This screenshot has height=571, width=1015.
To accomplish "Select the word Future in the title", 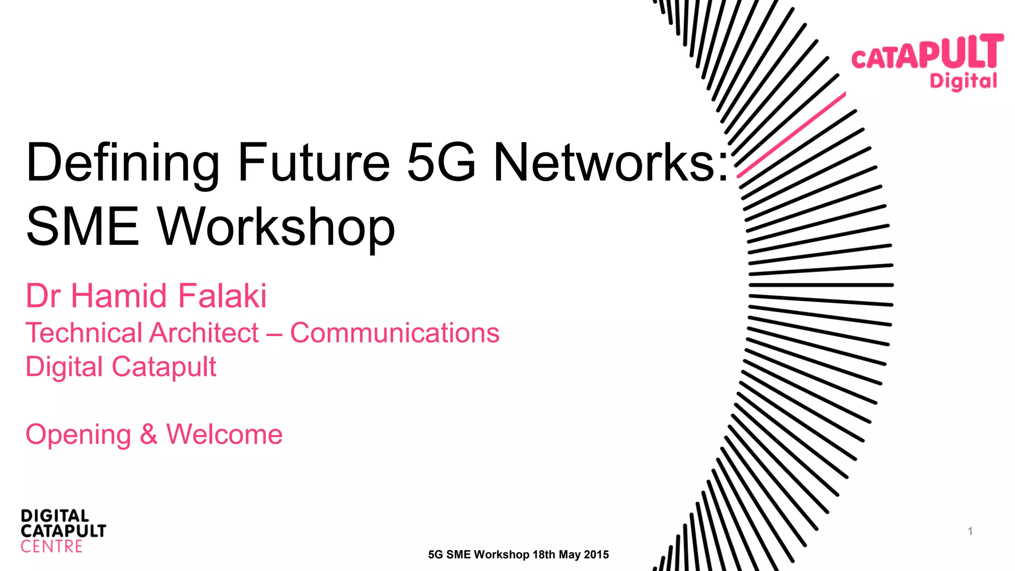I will (314, 163).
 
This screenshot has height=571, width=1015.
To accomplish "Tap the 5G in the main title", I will (441, 163).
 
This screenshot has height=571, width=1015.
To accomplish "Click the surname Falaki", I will (222, 296).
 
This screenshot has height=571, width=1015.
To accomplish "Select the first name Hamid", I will (119, 296).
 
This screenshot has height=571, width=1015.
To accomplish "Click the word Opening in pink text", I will (78, 435).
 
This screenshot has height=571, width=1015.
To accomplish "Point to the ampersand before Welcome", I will (148, 434).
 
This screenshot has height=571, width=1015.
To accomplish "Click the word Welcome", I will (224, 434).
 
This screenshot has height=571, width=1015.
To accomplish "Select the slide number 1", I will (970, 531).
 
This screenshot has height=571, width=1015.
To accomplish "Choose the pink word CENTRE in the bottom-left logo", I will (52, 547).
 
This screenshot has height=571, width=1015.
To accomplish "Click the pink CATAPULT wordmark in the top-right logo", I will (927, 53).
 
